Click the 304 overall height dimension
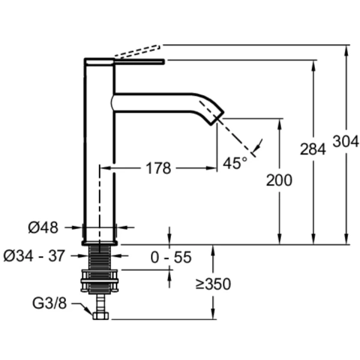[346, 141]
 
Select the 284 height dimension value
[313, 150]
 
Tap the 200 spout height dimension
[280, 179]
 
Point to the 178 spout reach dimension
[158, 169]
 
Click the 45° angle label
[235, 162]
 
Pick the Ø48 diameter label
[43, 227]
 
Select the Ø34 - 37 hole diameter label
[34, 256]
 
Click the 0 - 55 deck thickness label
[171, 257]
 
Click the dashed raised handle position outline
[137, 52]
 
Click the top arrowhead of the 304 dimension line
[346, 49]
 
